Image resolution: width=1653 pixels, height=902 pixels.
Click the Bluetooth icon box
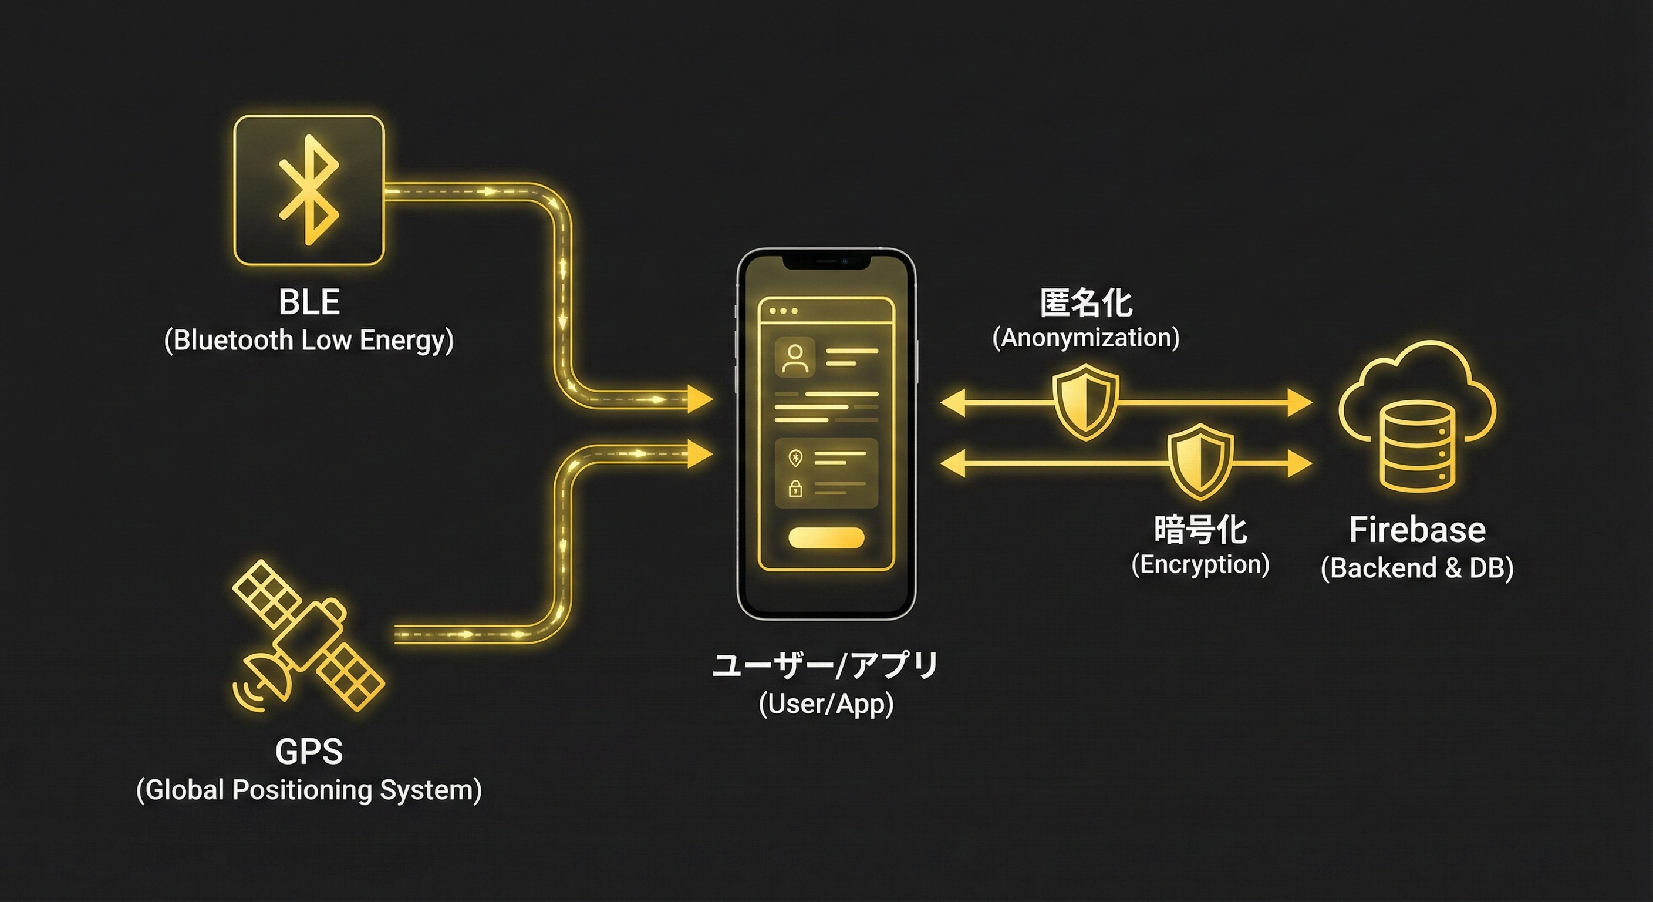point(309,190)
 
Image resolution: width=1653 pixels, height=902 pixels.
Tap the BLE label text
point(309,302)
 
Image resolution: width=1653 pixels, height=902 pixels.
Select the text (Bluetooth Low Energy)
point(309,340)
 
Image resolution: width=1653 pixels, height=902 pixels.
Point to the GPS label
point(309,752)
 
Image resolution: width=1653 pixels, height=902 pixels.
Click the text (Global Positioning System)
point(309,790)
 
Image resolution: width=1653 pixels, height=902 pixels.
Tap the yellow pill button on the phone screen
point(826,538)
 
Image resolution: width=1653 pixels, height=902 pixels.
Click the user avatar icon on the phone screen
point(795,358)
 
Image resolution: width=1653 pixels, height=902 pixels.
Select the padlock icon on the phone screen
point(795,489)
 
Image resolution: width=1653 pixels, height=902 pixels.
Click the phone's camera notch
point(826,261)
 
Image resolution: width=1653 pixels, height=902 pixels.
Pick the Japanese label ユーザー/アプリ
point(826,666)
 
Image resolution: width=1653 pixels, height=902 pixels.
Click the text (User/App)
point(826,704)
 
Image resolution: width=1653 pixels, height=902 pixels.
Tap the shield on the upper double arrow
point(1085,401)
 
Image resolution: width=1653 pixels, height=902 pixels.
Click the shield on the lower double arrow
point(1200,462)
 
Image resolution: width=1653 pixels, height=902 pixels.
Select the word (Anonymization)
point(1086,338)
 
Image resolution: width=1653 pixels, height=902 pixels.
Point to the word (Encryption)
point(1200,565)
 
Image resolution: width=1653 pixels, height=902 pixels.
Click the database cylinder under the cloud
point(1417,446)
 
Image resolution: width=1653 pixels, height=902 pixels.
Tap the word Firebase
point(1417,530)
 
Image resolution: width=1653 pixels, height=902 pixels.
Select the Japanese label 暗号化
point(1200,530)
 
